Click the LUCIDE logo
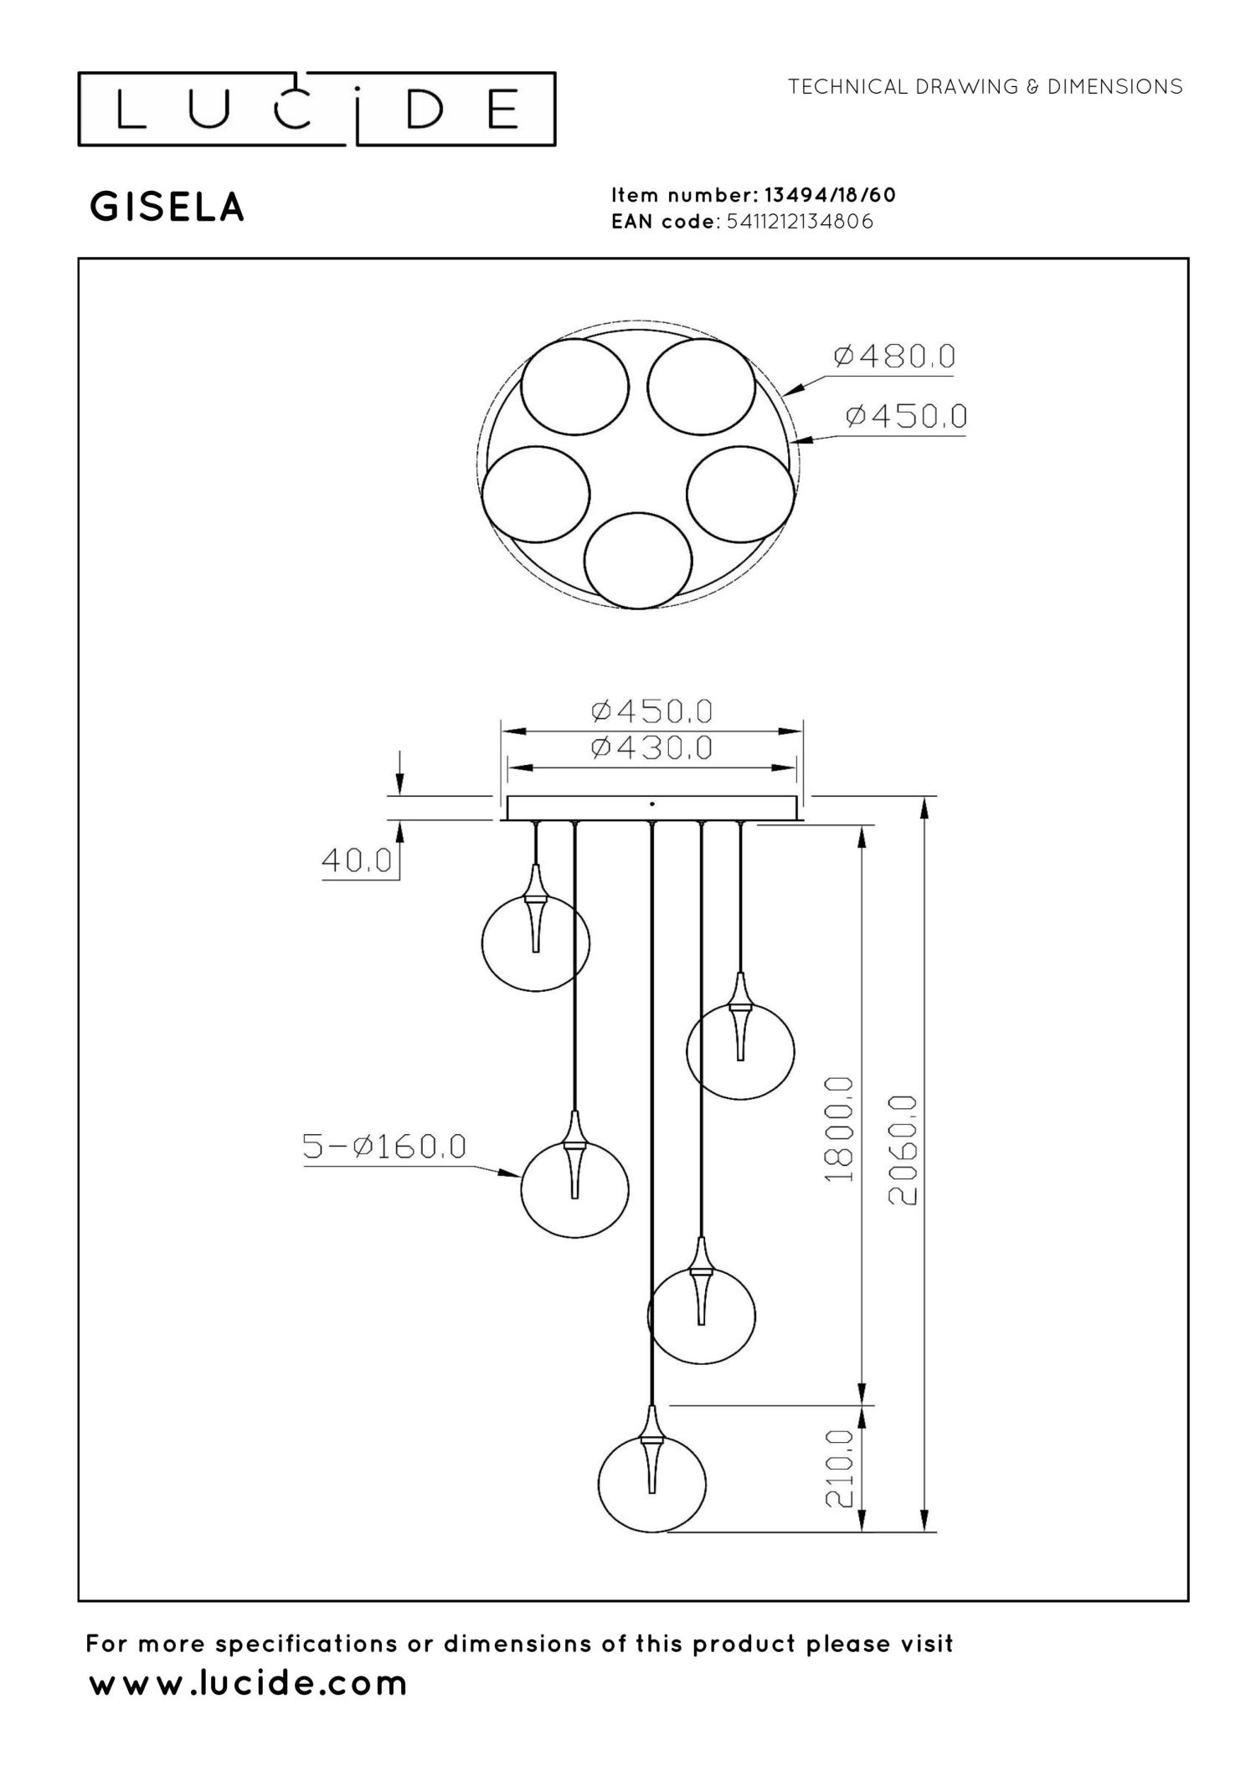[x=317, y=110]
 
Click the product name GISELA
[x=167, y=208]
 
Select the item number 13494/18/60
[x=830, y=195]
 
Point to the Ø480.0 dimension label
[x=893, y=357]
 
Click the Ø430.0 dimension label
[x=651, y=747]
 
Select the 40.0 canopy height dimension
[x=357, y=860]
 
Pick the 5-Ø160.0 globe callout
[x=383, y=1147]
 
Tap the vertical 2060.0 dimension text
[x=902, y=1150]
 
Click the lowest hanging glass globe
[x=651, y=1484]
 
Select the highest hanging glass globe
[x=536, y=943]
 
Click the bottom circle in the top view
[x=638, y=561]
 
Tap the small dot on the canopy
[x=652, y=803]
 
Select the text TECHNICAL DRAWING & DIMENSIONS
[x=985, y=87]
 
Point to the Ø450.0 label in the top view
[x=905, y=416]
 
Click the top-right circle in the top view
[x=701, y=387]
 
